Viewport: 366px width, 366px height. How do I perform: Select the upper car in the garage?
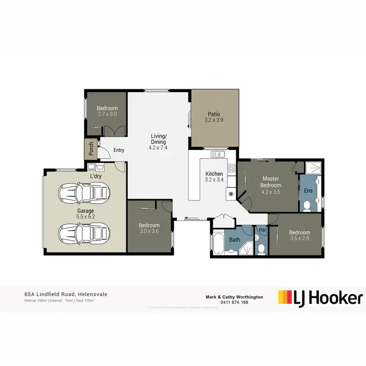pos(83,193)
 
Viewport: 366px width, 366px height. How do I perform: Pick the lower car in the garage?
pos(83,233)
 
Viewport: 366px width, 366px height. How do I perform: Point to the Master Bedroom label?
pos(271,182)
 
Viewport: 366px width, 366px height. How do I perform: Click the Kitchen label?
pos(214,174)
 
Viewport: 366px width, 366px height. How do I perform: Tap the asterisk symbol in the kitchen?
pos(231,194)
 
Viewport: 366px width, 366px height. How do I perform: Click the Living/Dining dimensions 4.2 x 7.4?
pos(158,147)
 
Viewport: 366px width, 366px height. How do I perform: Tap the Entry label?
pos(119,150)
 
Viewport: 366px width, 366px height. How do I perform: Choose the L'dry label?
pos(96,176)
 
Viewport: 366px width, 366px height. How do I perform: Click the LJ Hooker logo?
pos(321,298)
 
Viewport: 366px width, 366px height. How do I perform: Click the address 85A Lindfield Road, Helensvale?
pos(65,294)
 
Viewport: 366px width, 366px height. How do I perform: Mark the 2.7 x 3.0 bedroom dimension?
pos(107,114)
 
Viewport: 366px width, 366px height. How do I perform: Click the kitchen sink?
pos(218,155)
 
